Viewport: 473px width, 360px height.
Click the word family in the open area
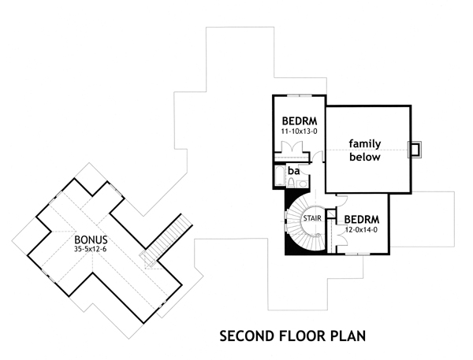tap(367, 144)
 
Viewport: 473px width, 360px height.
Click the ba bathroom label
tap(293, 170)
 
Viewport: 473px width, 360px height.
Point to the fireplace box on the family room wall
tap(415, 150)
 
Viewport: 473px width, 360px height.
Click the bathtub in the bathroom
tap(280, 174)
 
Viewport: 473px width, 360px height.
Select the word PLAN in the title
tap(348, 336)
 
